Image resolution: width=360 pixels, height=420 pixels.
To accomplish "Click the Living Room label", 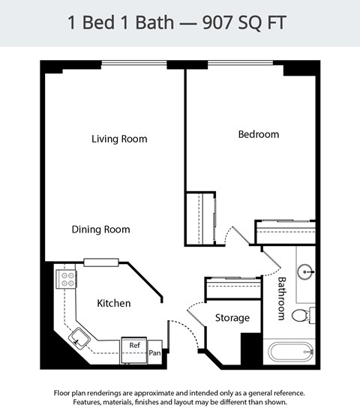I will tap(119, 139).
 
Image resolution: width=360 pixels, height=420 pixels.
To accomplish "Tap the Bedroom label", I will tap(258, 134).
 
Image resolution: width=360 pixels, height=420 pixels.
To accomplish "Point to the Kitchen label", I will tap(114, 304).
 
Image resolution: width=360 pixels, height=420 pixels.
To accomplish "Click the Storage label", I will tap(232, 318).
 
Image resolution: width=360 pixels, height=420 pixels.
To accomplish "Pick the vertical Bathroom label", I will tap(282, 298).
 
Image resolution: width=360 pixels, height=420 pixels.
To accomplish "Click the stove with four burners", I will tap(66, 280).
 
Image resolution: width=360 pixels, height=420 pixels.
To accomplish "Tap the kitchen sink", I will tap(79, 340).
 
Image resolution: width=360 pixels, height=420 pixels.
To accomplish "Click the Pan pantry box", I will tap(154, 352).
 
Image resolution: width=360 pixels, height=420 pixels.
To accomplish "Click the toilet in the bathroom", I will tap(302, 315).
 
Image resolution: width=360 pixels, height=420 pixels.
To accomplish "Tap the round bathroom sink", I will tap(306, 271).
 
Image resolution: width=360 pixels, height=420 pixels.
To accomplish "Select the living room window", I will tap(133, 63).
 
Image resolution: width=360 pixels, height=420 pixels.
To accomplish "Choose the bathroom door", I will tap(271, 259).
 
